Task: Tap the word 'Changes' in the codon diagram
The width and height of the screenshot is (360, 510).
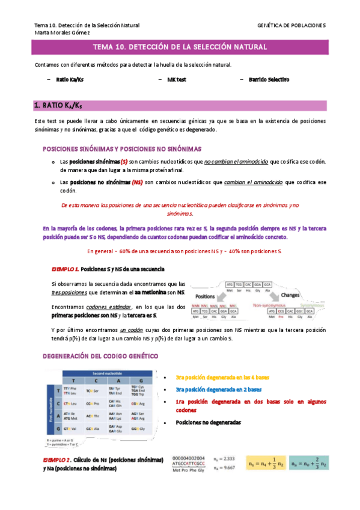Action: click(x=290, y=295)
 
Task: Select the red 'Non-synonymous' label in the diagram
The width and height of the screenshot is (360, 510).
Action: click(x=268, y=306)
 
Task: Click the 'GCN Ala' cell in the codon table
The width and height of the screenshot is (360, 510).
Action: click(x=93, y=429)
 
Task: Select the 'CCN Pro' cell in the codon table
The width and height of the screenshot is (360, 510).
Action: click(x=93, y=402)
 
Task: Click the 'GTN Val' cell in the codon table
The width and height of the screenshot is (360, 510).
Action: click(x=70, y=429)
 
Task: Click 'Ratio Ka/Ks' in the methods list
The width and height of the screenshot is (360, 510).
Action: click(x=70, y=79)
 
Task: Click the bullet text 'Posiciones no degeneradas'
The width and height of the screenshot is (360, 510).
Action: click(x=208, y=423)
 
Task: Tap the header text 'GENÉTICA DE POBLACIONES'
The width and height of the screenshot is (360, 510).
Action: click(x=291, y=25)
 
